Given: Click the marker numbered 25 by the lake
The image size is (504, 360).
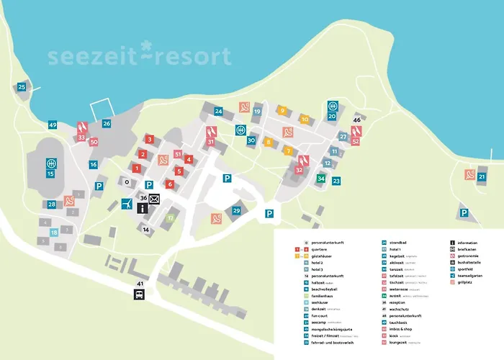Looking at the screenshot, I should click(x=22, y=87).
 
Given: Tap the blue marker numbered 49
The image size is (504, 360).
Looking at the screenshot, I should click(x=53, y=125).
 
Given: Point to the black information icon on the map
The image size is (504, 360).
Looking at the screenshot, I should click(x=143, y=208).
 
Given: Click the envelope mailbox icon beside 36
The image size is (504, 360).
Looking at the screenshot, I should click(x=154, y=199).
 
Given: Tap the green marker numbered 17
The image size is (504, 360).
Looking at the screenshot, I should click(x=171, y=217).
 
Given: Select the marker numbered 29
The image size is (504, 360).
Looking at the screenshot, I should click(x=236, y=211).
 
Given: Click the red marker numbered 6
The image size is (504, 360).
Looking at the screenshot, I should click(x=170, y=184).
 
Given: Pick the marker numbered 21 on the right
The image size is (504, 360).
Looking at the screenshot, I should click(x=482, y=176).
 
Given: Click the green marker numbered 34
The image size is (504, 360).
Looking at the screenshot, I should click(x=321, y=178).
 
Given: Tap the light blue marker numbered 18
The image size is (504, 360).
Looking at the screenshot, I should click(x=53, y=233).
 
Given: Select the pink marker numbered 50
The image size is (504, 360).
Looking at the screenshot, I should click(x=94, y=142).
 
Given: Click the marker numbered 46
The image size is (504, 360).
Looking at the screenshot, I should click(x=356, y=120).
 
